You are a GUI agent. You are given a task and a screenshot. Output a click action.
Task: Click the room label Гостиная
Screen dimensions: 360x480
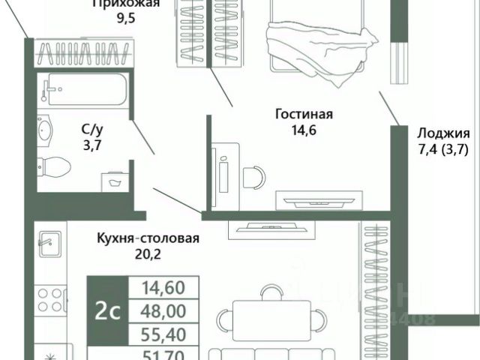click(304, 115)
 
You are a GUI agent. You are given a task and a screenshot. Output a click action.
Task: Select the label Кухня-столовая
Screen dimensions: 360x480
click(148, 239)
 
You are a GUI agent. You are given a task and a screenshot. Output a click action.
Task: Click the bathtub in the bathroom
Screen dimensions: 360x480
click(82, 90)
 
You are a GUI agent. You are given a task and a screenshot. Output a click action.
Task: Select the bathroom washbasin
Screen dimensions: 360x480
click(46, 132)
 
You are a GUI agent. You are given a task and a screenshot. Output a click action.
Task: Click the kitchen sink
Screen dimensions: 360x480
click(49, 244)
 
